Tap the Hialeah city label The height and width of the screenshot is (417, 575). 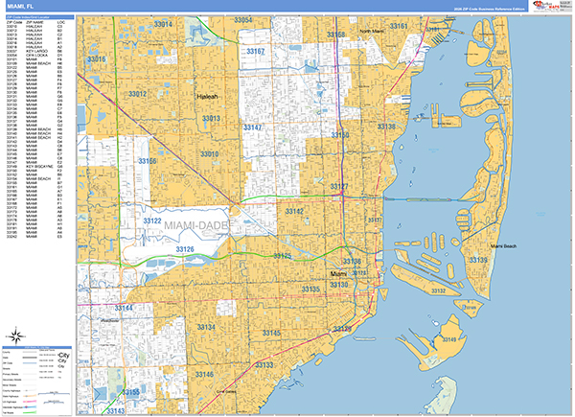point(207,97)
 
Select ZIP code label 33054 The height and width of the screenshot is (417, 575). point(242,20)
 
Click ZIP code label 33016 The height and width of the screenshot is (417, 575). point(97,59)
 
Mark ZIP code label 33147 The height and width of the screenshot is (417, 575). point(255,127)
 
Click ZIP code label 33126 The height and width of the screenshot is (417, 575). point(184,249)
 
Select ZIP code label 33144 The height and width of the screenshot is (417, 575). point(121,308)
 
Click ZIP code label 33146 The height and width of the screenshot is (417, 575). point(203,374)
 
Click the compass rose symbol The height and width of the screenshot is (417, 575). point(16,336)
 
